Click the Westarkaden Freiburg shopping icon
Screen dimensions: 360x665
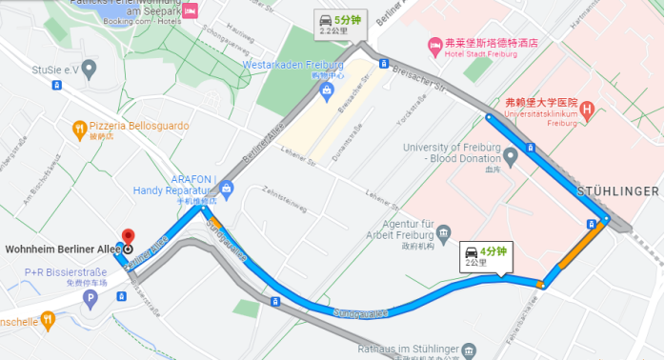tap(327, 90)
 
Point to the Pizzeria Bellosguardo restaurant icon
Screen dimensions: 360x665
tap(80, 127)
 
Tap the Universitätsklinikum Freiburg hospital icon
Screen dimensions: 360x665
tap(587, 110)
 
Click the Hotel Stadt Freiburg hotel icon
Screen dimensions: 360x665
tap(434, 44)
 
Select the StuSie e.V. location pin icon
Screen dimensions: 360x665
tap(89, 69)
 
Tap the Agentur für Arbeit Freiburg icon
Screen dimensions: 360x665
tap(444, 233)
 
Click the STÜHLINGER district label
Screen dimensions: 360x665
tap(620, 192)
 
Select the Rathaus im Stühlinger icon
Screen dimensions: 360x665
tap(466, 351)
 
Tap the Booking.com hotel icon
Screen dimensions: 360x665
tap(191, 10)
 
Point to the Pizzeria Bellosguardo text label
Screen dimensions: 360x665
tap(139, 126)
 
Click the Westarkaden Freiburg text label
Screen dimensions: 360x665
tap(292, 65)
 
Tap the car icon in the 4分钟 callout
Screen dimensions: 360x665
tap(472, 251)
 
